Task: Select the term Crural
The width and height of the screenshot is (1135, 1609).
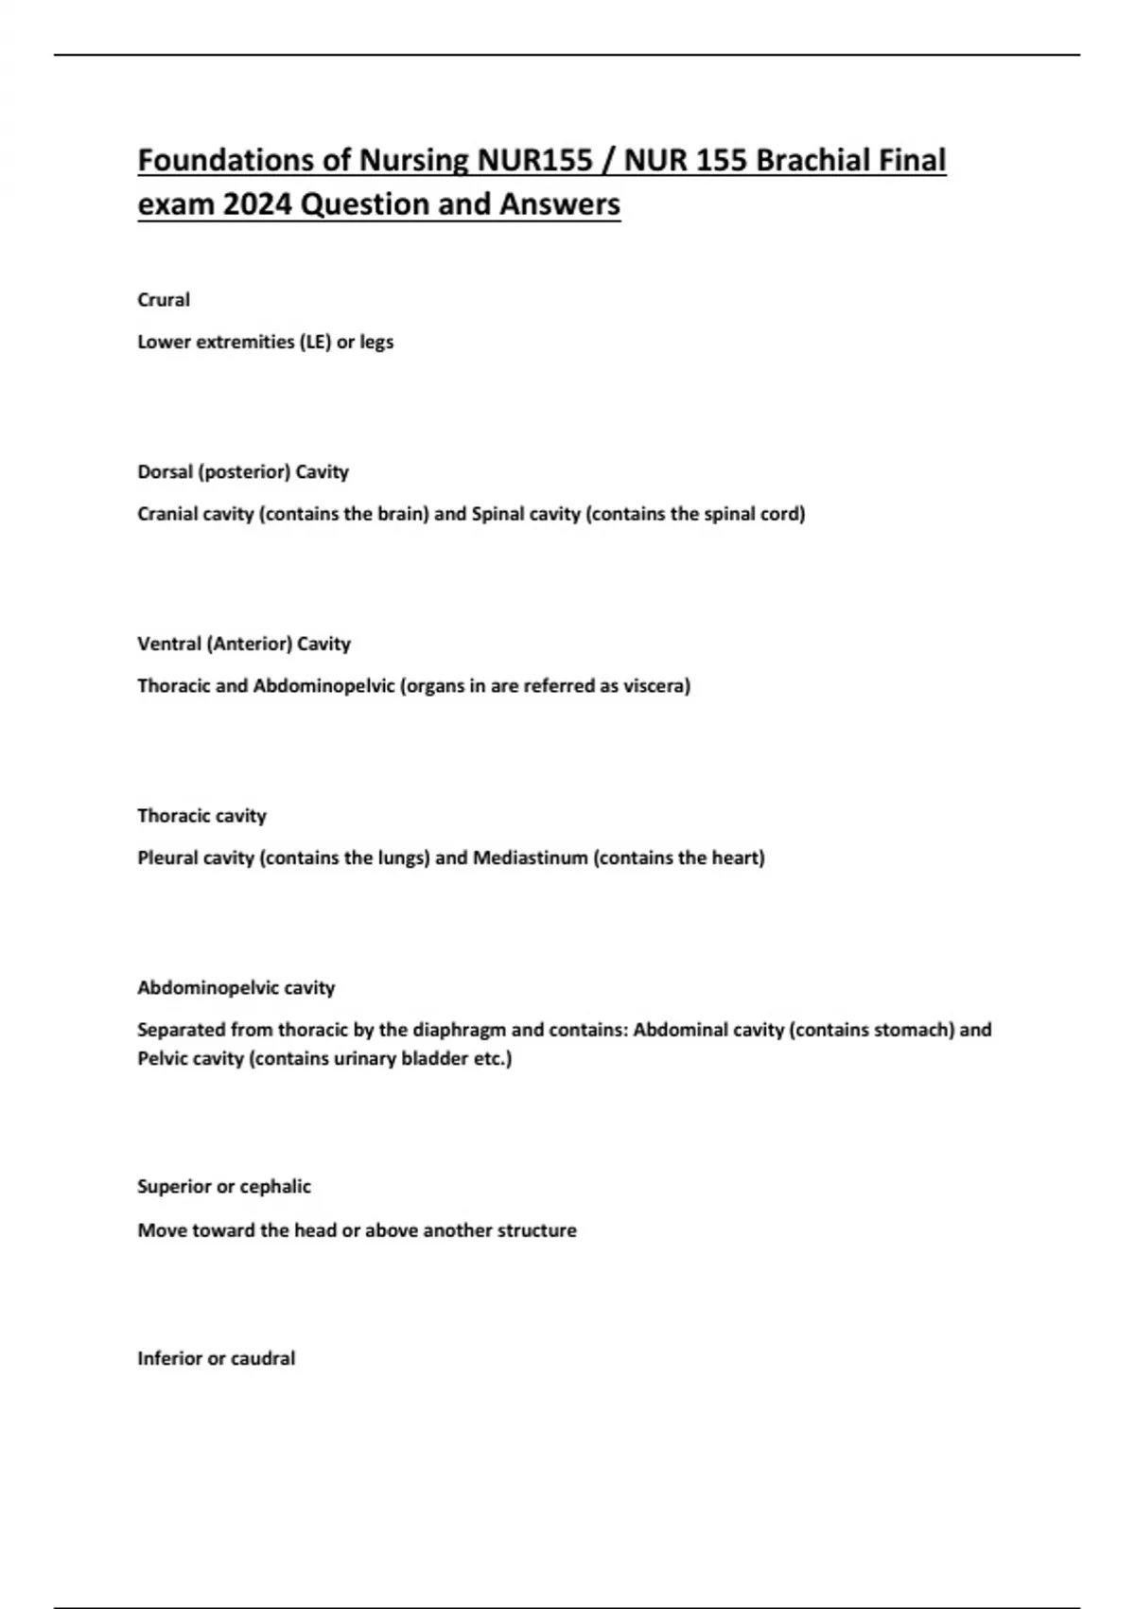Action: click(164, 300)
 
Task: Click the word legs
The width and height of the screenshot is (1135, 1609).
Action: click(376, 343)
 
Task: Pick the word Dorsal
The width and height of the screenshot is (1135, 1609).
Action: click(165, 472)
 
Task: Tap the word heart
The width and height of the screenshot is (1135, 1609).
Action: click(738, 858)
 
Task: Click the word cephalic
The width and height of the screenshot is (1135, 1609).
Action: click(275, 1187)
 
